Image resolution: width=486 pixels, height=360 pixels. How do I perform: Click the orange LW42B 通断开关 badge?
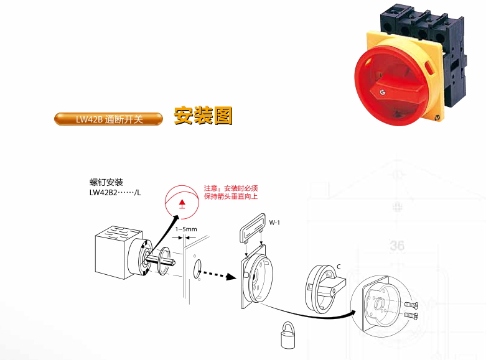[x=108, y=119]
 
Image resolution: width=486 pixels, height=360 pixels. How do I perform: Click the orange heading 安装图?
[x=203, y=116]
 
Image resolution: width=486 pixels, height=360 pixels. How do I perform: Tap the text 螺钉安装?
[x=106, y=182]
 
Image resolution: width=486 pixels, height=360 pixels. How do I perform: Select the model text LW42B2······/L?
[x=115, y=193]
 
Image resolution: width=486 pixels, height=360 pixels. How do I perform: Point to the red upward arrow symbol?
[x=182, y=204]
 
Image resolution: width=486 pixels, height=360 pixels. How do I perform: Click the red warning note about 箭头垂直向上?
[x=231, y=192]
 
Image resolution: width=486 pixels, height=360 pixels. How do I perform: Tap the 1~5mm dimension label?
[x=186, y=229]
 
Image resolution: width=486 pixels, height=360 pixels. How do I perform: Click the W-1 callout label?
[x=274, y=223]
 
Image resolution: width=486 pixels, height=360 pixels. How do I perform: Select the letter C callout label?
[x=339, y=267]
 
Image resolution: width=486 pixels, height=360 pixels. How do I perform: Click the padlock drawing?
[x=288, y=335]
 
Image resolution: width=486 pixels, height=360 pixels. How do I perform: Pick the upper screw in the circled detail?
[x=411, y=305]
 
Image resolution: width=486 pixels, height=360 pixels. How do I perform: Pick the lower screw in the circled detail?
[x=411, y=316]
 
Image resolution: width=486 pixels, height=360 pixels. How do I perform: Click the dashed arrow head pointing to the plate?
[x=231, y=277]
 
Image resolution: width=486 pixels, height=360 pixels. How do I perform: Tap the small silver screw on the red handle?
[x=383, y=92]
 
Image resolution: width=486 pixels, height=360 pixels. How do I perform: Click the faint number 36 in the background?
[x=397, y=246]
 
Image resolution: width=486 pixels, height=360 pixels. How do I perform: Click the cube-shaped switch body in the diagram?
[x=118, y=252]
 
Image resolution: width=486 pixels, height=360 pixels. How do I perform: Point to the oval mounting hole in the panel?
[x=197, y=269]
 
